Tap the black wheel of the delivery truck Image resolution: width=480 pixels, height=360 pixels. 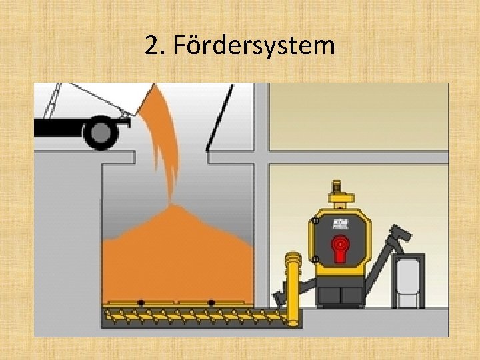pyautogui.click(x=101, y=133)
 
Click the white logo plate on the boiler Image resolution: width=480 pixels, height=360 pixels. pyautogui.click(x=341, y=222)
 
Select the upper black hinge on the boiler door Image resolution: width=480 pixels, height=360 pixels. pyautogui.click(x=315, y=221)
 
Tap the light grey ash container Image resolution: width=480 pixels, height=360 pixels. pyautogui.click(x=408, y=282)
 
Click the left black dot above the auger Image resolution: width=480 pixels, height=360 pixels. pyautogui.click(x=141, y=303)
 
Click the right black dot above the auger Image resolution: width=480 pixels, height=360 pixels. pyautogui.click(x=211, y=303)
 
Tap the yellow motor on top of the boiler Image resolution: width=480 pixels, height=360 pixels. pyautogui.click(x=340, y=194)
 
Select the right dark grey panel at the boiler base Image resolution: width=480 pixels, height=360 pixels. pyautogui.click(x=351, y=296)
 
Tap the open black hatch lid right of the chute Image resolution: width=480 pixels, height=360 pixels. pyautogui.click(x=220, y=117)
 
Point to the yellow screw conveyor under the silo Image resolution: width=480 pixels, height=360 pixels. pyautogui.click(x=193, y=313)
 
